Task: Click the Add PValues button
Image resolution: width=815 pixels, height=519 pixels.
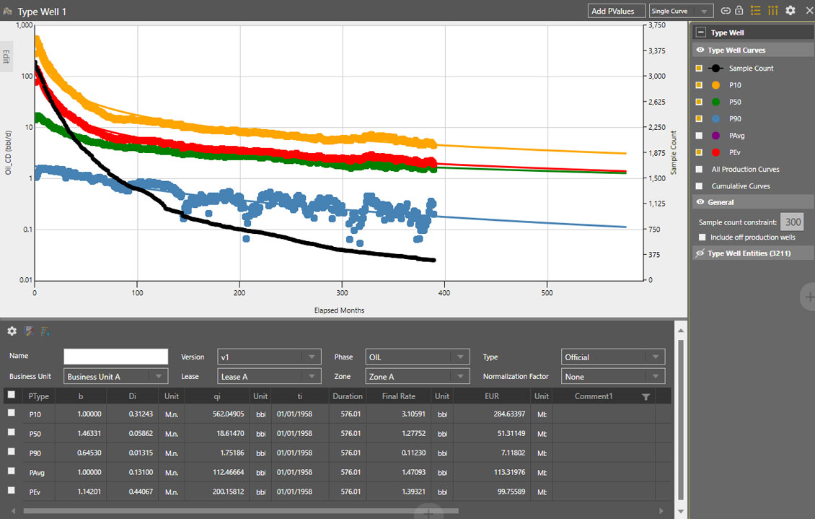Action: point(616,11)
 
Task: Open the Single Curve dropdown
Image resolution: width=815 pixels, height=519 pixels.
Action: point(681,11)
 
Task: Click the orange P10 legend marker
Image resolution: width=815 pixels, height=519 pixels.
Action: point(715,85)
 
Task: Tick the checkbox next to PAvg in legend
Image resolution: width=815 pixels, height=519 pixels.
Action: point(698,136)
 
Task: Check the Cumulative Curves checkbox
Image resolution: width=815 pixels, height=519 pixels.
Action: point(698,186)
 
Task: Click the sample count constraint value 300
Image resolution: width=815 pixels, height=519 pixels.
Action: point(793,222)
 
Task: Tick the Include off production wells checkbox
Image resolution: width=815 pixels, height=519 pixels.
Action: point(703,237)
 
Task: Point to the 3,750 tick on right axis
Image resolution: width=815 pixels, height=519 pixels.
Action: point(656,25)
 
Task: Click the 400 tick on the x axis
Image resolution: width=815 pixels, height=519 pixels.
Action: point(444,294)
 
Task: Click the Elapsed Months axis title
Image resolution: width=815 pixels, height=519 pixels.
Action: point(339,310)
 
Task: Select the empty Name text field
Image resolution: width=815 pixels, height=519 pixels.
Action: point(115,357)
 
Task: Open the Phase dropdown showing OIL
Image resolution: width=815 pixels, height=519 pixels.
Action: point(417,357)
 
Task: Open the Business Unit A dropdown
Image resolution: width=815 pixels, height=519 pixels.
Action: point(115,377)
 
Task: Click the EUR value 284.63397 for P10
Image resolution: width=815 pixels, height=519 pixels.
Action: point(504,414)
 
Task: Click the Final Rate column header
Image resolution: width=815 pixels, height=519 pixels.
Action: point(398,396)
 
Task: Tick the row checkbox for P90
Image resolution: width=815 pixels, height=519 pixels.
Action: point(11,452)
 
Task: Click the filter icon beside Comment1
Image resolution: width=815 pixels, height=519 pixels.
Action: point(646,397)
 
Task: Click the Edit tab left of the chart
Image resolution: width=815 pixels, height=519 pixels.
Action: point(6,56)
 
